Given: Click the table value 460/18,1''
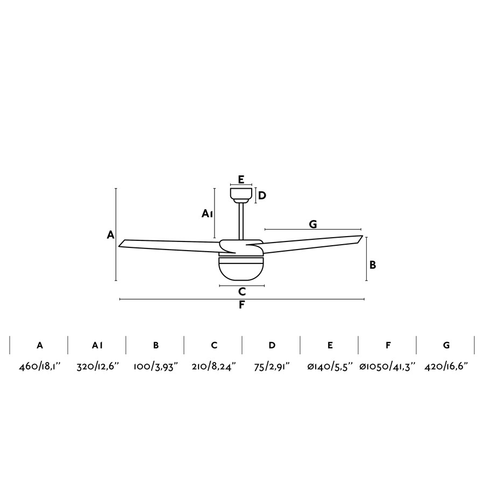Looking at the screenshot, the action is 40,367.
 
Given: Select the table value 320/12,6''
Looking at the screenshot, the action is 98,367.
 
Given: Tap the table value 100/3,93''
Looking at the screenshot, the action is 156,367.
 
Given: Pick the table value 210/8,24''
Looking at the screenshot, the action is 214,367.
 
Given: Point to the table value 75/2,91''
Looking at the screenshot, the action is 272,367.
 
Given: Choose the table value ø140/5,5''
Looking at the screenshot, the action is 330,367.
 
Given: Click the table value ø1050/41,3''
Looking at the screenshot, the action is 388,367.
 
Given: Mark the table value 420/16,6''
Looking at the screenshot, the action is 446,367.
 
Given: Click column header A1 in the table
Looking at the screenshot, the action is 97,345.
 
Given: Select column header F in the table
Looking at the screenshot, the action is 388,345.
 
